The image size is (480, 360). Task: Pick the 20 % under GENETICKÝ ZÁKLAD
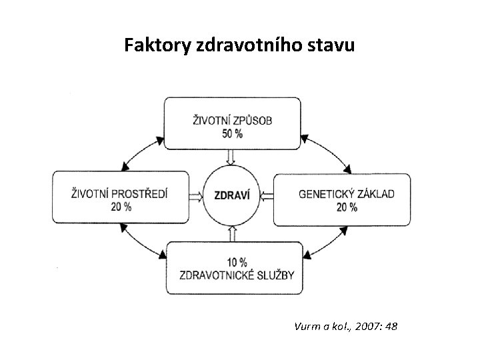click(347, 207)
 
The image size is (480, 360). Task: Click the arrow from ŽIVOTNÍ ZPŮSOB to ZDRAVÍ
click(231, 157)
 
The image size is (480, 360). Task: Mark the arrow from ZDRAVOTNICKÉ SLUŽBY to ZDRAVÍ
click(231, 234)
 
